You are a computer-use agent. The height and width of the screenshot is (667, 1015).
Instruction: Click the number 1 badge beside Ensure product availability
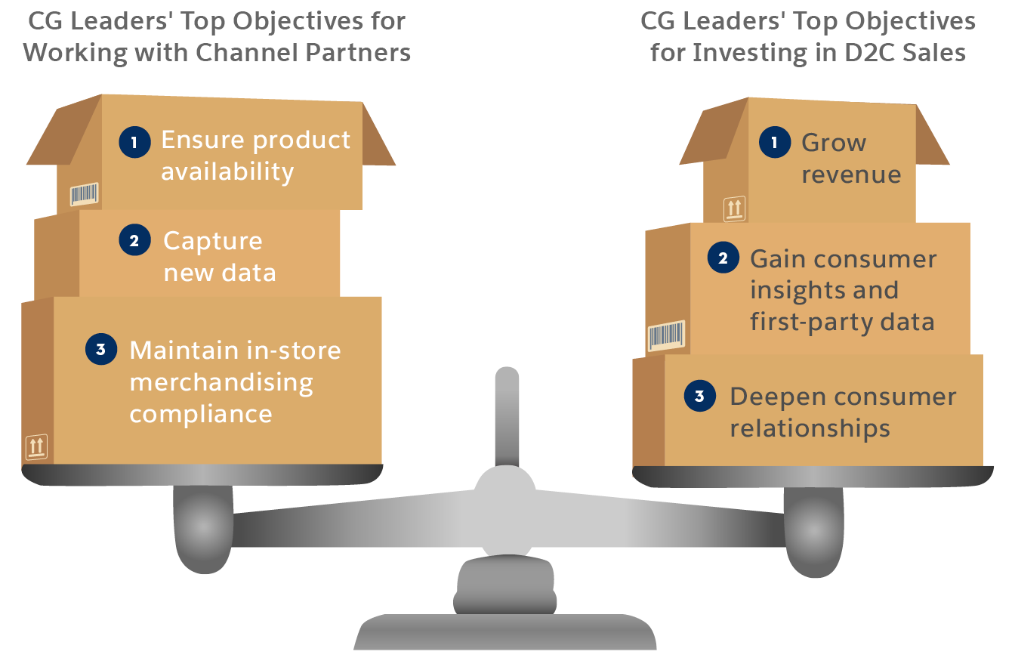(x=134, y=141)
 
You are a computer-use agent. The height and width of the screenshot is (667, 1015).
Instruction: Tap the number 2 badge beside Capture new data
(x=134, y=241)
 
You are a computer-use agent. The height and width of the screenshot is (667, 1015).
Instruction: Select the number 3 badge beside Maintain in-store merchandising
(x=100, y=350)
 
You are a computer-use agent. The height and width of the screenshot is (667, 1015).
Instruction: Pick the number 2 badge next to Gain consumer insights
(x=723, y=259)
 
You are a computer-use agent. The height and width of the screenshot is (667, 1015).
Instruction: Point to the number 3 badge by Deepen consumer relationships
(x=699, y=397)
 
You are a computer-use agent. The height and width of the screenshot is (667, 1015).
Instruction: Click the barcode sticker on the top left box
(x=84, y=194)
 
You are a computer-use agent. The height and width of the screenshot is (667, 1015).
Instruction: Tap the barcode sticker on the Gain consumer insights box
(x=666, y=335)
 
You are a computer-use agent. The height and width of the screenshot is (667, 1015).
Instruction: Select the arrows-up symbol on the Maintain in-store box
(x=36, y=446)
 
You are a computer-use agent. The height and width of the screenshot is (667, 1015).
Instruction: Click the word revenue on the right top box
(x=851, y=174)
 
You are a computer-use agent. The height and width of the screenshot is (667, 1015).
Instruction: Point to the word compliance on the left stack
(x=201, y=414)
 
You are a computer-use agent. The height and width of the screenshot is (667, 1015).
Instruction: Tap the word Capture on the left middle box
(x=213, y=241)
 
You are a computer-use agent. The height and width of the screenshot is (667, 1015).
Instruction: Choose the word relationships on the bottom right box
(x=810, y=429)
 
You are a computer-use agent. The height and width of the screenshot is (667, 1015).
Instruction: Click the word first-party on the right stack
(x=804, y=322)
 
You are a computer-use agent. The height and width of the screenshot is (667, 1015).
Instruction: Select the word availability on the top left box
(x=227, y=172)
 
